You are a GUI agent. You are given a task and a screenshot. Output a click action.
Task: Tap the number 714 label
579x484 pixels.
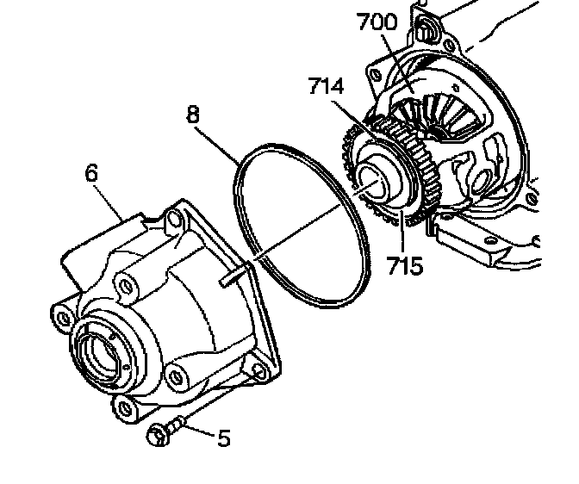click(327, 87)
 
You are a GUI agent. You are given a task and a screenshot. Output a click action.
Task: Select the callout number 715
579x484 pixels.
click(405, 265)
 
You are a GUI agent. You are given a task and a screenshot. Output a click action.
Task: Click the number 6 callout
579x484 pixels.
click(91, 173)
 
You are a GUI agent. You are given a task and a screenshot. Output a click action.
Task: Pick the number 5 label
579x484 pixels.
click(223, 438)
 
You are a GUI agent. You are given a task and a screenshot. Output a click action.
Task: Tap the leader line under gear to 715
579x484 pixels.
click(401, 233)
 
